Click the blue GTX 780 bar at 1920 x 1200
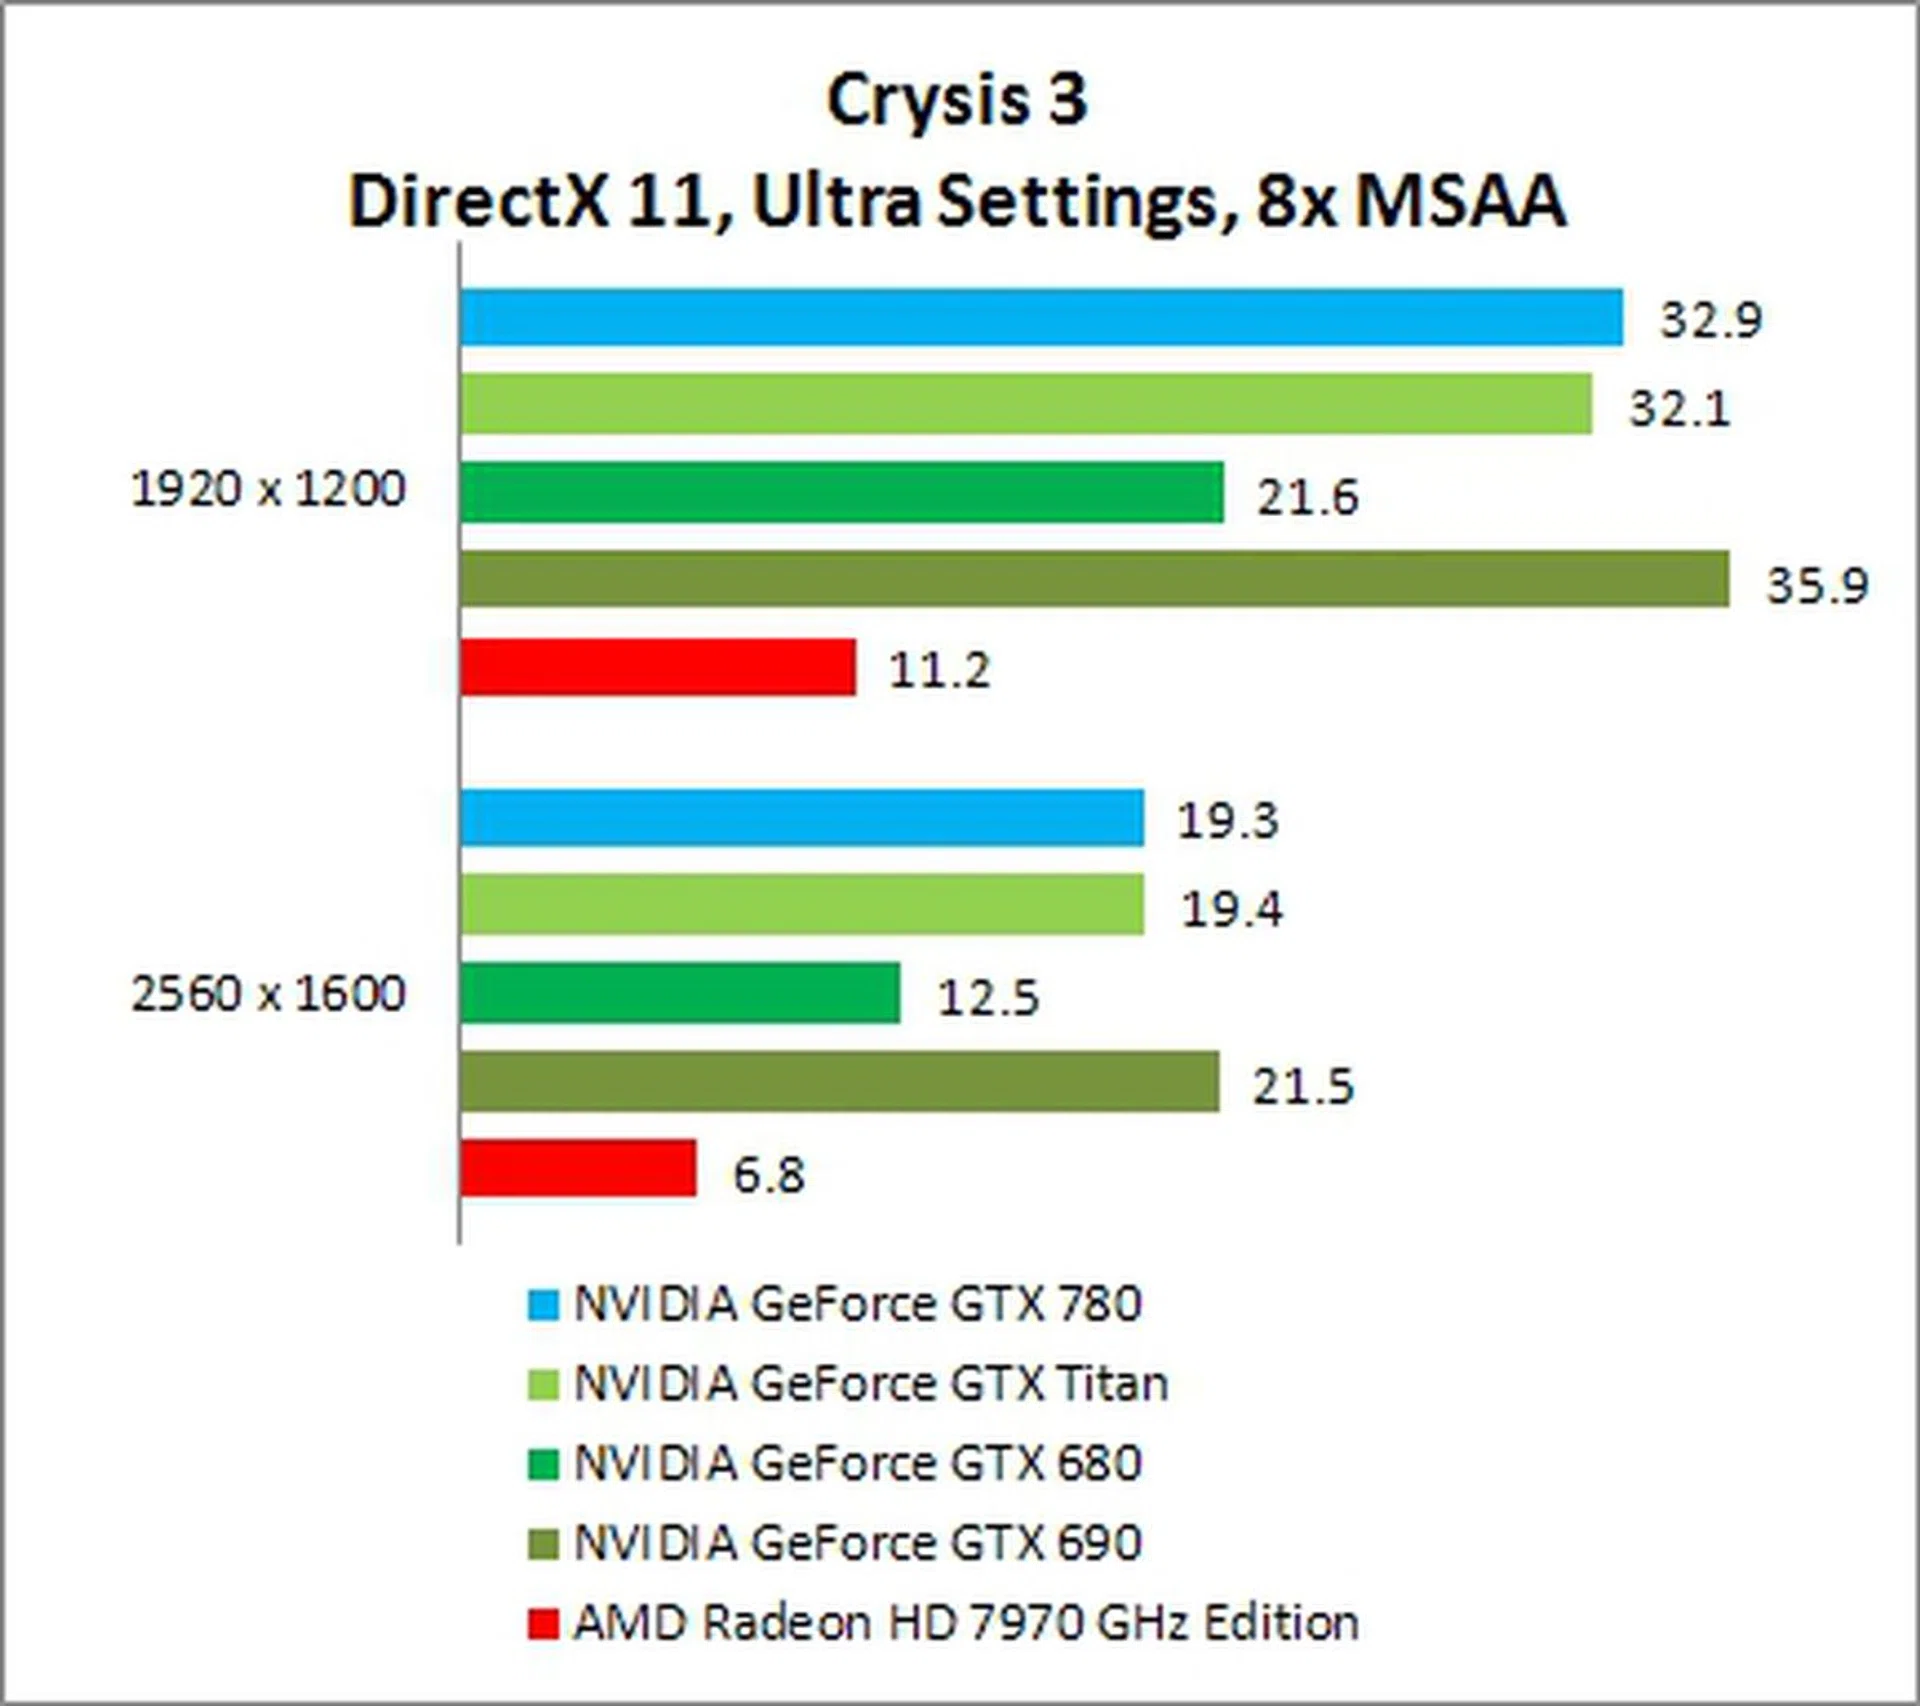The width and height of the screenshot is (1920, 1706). pyautogui.click(x=1040, y=317)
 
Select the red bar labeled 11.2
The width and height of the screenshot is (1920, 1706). pyautogui.click(x=658, y=667)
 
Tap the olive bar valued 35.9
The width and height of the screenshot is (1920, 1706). pyautogui.click(x=1094, y=579)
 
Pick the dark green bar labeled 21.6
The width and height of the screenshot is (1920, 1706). pyautogui.click(x=842, y=492)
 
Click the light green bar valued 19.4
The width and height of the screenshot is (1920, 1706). pyautogui.click(x=802, y=905)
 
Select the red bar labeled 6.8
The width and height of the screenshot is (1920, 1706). pyautogui.click(x=578, y=1168)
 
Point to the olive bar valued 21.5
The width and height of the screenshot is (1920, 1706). pyautogui.click(x=840, y=1081)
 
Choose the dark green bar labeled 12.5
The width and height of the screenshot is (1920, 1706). pyautogui.click(x=680, y=993)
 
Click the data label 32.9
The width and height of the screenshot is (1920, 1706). pyautogui.click(x=1710, y=320)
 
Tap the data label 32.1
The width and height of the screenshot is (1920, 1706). pyautogui.click(x=1679, y=408)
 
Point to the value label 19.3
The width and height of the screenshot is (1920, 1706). pyautogui.click(x=1228, y=821)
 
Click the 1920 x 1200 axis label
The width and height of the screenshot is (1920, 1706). pyautogui.click(x=268, y=490)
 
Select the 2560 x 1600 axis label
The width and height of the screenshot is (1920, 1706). pyautogui.click(x=268, y=994)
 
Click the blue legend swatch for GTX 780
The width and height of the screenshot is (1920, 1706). pyautogui.click(x=543, y=1305)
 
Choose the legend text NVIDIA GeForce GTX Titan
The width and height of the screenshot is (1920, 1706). pyautogui.click(x=870, y=1384)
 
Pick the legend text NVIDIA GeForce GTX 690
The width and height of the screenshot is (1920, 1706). pyautogui.click(x=857, y=1543)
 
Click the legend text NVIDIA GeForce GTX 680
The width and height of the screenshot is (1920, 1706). pyautogui.click(x=857, y=1463)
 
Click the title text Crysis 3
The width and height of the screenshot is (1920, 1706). pyautogui.click(x=957, y=101)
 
